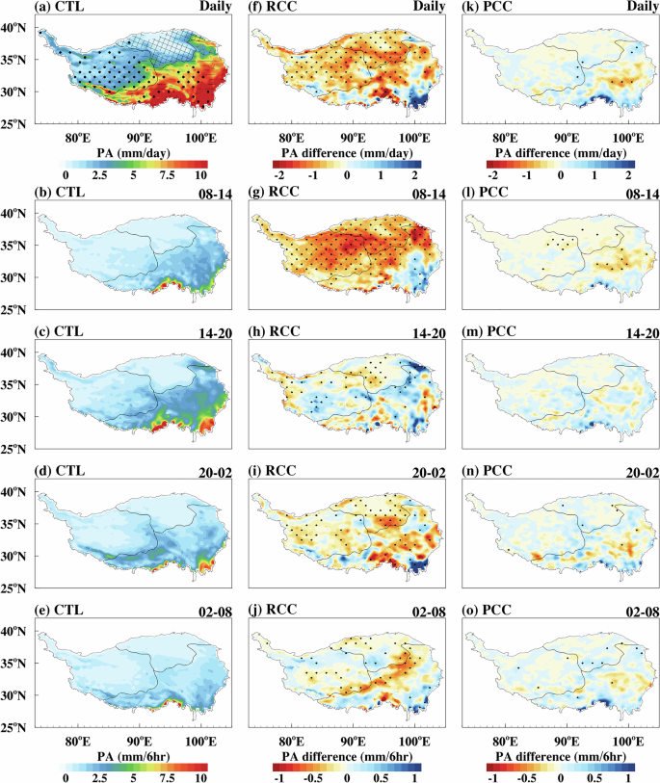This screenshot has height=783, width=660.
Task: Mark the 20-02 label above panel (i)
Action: coord(415,461)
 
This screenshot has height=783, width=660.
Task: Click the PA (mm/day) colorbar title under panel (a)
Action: coord(134,153)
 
